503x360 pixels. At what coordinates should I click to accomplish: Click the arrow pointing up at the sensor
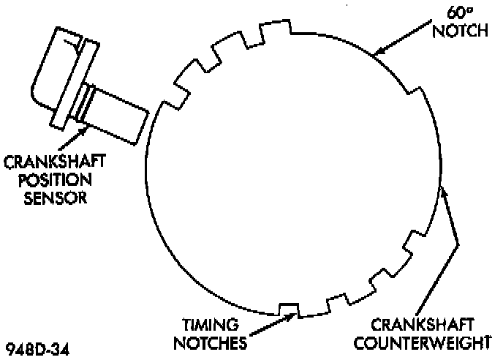(x=77, y=135)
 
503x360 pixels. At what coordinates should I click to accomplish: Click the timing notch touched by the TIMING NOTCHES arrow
(x=289, y=308)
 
